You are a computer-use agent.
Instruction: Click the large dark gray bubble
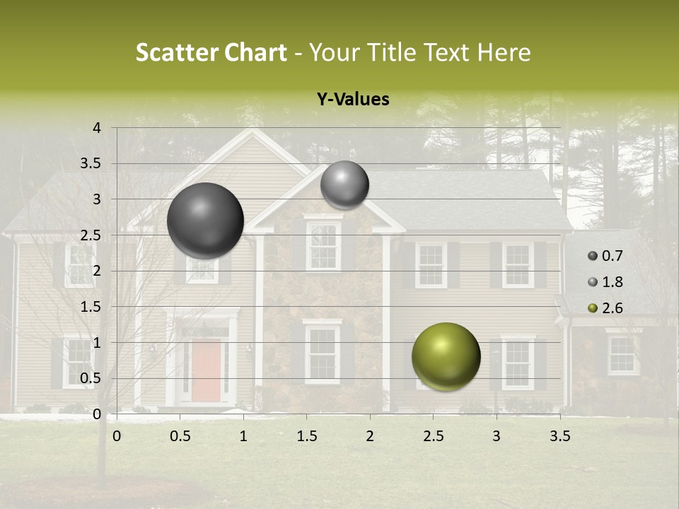tap(206, 221)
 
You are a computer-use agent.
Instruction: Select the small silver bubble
tap(344, 185)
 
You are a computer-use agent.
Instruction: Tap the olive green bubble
tap(446, 356)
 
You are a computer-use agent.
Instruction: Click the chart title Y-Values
tap(353, 100)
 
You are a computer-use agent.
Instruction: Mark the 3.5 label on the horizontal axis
tap(559, 436)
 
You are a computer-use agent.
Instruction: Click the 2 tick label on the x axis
tap(369, 436)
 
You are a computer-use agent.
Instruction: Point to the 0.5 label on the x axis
tap(180, 436)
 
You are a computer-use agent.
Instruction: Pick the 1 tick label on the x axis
tap(243, 436)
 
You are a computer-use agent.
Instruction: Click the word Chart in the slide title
tap(254, 52)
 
